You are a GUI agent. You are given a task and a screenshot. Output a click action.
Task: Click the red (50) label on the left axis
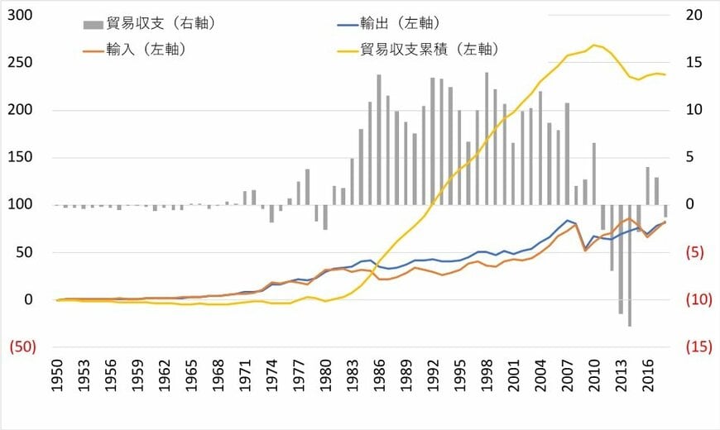(x=22, y=347)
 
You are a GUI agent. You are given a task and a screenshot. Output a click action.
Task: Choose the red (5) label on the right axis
(x=696, y=252)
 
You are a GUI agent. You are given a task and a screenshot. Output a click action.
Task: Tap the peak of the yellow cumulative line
(x=593, y=45)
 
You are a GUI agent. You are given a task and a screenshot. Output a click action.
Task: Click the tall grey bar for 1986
(x=379, y=140)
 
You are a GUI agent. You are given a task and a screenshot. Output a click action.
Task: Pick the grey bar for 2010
(x=593, y=174)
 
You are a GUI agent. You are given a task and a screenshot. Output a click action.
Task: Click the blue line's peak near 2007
(x=568, y=220)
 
